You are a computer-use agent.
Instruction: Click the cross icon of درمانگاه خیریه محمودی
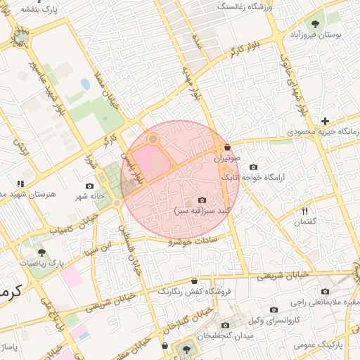tap(324, 121)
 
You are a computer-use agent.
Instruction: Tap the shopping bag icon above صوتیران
tap(227, 147)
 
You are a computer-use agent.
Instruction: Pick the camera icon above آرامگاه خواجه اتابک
tap(253, 167)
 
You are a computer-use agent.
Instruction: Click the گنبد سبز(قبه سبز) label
tap(202, 210)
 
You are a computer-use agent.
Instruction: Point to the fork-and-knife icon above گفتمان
tap(305, 210)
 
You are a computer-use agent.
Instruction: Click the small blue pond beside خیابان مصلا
tap(85, 84)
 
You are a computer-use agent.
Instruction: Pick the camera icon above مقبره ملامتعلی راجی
tap(325, 291)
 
